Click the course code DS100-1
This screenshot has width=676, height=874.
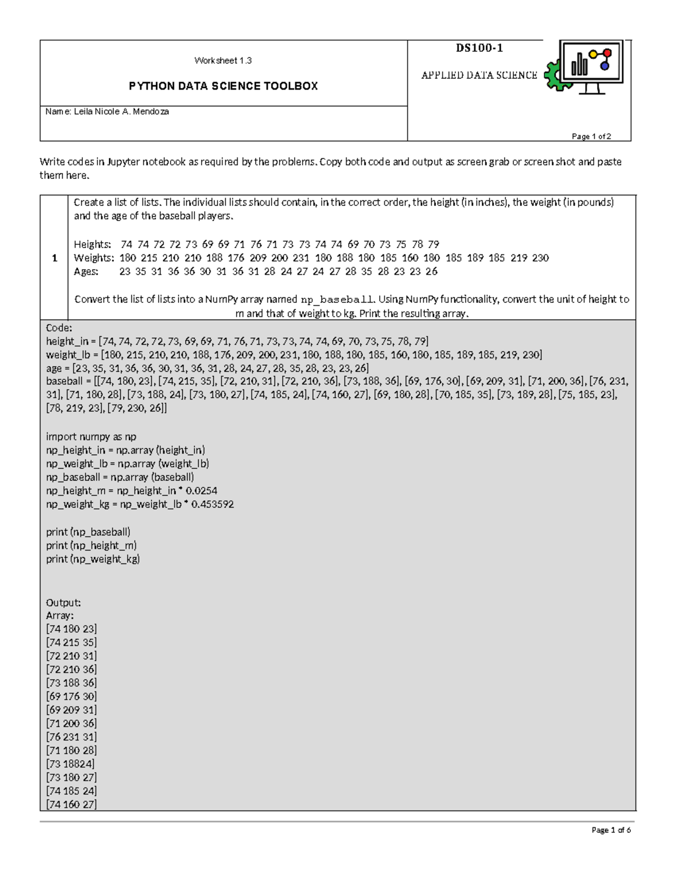click(479, 48)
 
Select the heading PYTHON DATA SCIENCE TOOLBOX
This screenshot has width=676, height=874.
click(223, 86)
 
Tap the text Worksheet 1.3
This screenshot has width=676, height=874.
click(223, 61)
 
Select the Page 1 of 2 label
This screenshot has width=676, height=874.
click(591, 136)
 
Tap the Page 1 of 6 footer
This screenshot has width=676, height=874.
click(611, 830)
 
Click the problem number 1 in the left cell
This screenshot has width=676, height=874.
click(54, 258)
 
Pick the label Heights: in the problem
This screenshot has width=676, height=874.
click(93, 244)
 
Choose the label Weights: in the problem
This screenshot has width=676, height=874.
click(94, 258)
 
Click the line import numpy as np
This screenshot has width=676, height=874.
click(91, 437)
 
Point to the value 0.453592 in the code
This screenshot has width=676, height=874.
click(212, 504)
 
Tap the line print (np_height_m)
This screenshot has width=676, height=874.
click(91, 545)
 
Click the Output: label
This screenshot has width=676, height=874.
click(63, 602)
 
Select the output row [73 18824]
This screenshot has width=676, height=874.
click(70, 764)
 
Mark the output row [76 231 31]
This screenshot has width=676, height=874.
click(72, 737)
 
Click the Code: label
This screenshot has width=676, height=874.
click(59, 328)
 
